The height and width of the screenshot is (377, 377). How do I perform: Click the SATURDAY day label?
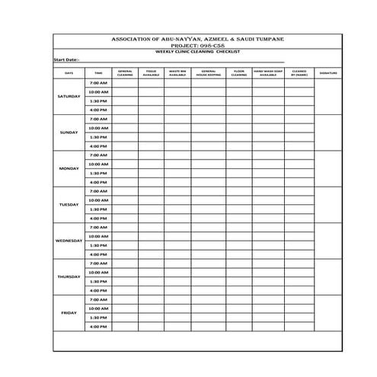[69, 97]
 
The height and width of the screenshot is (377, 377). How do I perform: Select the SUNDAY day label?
[69, 133]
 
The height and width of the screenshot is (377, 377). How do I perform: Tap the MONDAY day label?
[69, 168]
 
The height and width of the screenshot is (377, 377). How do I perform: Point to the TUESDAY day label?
[69, 205]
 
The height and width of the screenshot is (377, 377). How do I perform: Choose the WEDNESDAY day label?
[69, 241]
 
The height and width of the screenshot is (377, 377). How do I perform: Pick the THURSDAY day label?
[69, 276]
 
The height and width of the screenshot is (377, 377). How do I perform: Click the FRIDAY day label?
[69, 312]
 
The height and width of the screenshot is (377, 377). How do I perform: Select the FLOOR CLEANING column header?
[238, 74]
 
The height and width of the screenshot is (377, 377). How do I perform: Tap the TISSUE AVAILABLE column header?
[151, 74]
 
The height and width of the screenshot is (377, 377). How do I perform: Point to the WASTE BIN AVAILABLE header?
[177, 74]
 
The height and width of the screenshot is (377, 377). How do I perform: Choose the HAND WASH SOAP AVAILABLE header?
[268, 74]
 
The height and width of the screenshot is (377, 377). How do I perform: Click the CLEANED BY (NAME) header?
[299, 74]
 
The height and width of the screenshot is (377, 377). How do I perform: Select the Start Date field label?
[66, 59]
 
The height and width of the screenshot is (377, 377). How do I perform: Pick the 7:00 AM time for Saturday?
[98, 82]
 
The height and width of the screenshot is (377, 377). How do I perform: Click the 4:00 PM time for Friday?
[98, 326]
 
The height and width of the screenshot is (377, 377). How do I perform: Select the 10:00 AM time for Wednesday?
[98, 236]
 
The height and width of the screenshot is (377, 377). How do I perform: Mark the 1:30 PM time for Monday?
[98, 173]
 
